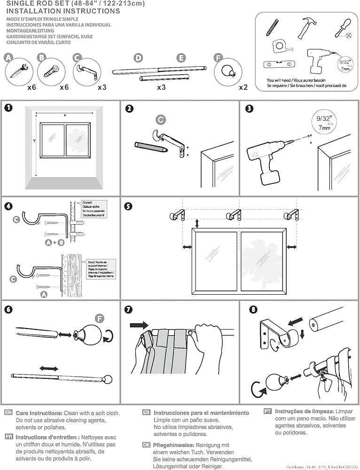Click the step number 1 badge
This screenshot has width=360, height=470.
8,108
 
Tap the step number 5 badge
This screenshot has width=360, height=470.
128,205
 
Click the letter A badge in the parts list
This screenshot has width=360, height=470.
8,58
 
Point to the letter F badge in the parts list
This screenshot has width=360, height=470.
218,58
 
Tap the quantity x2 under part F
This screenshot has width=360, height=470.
243,87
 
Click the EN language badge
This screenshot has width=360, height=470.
8,412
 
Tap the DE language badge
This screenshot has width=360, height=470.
146,445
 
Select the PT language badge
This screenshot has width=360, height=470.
267,411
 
